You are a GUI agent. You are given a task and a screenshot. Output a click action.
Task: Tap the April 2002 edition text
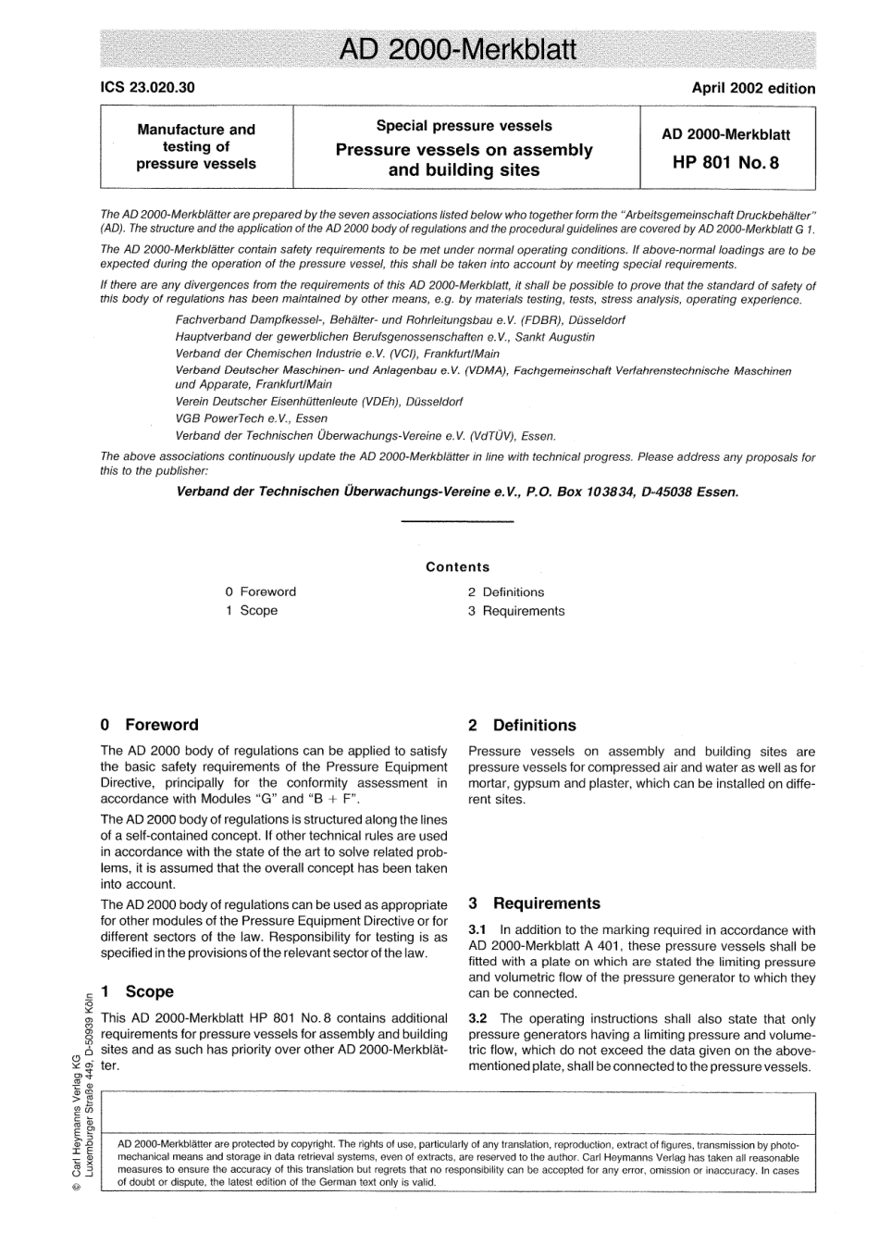tap(753, 89)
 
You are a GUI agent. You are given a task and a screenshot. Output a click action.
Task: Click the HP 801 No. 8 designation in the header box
tap(725, 163)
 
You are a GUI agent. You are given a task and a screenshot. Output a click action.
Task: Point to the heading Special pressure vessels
tap(464, 126)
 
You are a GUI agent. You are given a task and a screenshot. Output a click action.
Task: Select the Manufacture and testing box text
tap(196, 147)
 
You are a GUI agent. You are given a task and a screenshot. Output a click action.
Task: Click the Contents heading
tap(457, 566)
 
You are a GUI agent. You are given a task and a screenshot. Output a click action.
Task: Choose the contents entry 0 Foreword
tap(261, 591)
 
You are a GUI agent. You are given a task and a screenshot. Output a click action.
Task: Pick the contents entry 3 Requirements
tap(515, 611)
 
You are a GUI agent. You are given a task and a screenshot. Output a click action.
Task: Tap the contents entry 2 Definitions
tap(505, 592)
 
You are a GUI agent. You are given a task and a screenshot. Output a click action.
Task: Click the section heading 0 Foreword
tap(149, 725)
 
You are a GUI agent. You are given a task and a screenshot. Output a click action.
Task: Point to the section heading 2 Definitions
tap(522, 726)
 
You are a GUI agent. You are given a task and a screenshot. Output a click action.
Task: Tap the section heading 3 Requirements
tap(534, 903)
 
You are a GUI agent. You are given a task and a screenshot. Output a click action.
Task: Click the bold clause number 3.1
tap(477, 930)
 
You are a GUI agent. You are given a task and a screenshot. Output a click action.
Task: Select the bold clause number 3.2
tap(477, 1019)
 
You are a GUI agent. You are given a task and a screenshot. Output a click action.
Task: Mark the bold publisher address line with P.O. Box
tap(457, 492)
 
